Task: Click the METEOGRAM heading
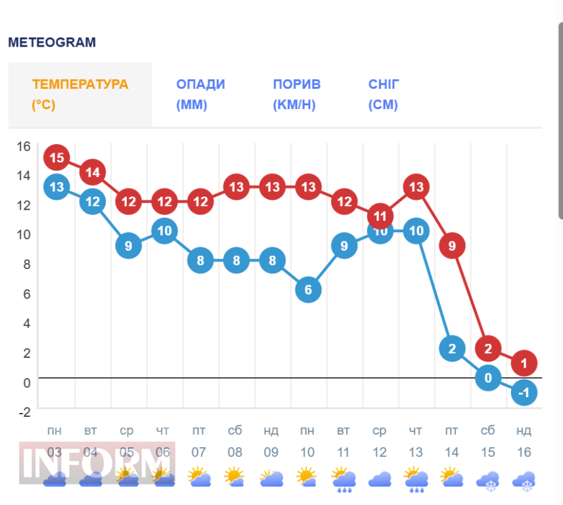tap(52, 43)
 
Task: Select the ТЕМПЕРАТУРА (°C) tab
tap(80, 95)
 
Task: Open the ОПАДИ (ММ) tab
tap(200, 95)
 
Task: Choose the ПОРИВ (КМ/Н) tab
tap(297, 95)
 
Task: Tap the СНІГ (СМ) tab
tap(384, 95)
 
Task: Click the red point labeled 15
tap(56, 158)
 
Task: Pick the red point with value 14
tap(93, 172)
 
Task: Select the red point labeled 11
tap(380, 216)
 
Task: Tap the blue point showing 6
tap(308, 290)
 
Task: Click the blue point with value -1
tap(524, 393)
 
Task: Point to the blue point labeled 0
tap(488, 378)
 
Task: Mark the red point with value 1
tap(524, 363)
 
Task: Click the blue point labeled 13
tap(56, 187)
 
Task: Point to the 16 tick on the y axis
tap(24, 146)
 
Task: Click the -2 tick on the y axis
tap(24, 412)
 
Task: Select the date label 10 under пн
tap(307, 453)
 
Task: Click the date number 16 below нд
tap(523, 453)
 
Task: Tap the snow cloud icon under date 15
tap(488, 481)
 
